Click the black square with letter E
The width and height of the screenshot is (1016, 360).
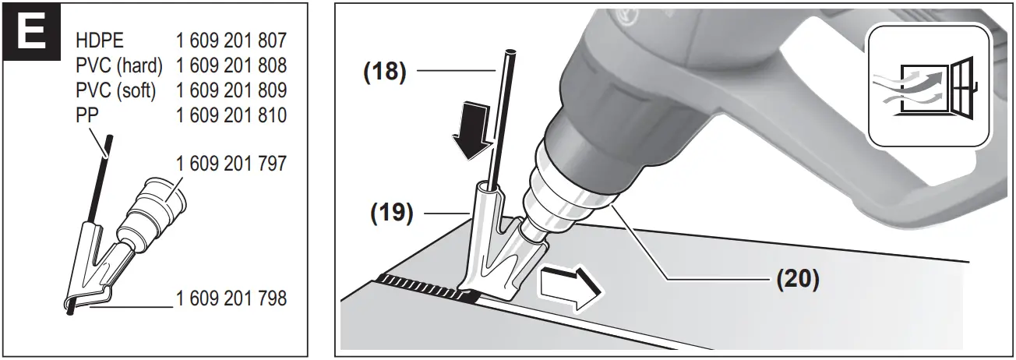pyautogui.click(x=31, y=34)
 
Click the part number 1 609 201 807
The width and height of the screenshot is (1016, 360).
pyautogui.click(x=232, y=40)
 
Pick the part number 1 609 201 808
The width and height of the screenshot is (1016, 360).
pyautogui.click(x=232, y=65)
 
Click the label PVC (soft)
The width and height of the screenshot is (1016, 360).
pyautogui.click(x=116, y=90)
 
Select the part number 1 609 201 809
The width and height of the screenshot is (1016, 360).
pyautogui.click(x=232, y=90)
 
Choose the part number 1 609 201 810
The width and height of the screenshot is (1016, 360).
pyautogui.click(x=232, y=115)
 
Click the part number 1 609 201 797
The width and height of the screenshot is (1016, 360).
pyautogui.click(x=232, y=164)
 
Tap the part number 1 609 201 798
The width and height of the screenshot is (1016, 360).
pyautogui.click(x=232, y=298)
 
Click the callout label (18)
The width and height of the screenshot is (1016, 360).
pyautogui.click(x=384, y=72)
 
